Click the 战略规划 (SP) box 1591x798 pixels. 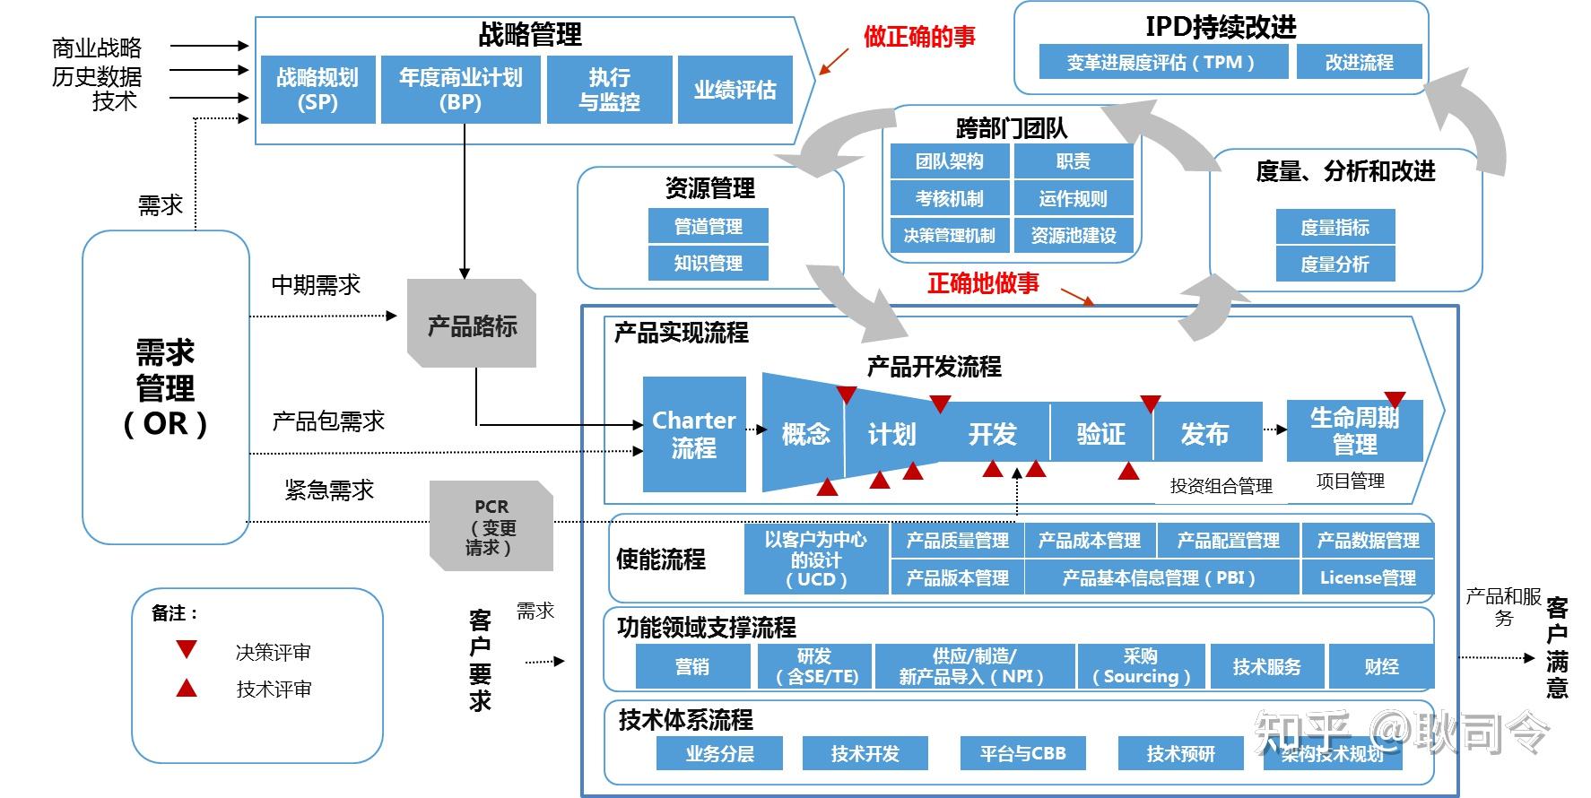point(317,90)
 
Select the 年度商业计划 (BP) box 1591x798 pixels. point(460,90)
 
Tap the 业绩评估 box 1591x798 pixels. point(735,90)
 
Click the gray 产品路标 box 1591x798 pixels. point(472,325)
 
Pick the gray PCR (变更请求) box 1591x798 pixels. point(491,526)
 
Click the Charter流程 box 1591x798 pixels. point(694,434)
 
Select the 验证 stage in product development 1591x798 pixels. point(1100,434)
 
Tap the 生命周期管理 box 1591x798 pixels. point(1354,430)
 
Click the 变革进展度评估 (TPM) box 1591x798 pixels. point(1162,63)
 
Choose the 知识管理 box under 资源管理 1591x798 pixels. point(708,264)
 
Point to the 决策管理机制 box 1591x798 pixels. point(949,236)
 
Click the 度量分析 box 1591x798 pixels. point(1335,265)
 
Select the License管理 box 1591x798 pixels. point(1367,577)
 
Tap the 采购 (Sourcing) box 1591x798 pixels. point(1141,666)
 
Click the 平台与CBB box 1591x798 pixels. point(1022,753)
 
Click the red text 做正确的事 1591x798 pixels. point(918,37)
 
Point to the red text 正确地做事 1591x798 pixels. point(983,283)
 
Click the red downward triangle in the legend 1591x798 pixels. point(187,649)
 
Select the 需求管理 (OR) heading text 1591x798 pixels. point(165,387)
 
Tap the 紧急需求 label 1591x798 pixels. point(329,490)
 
